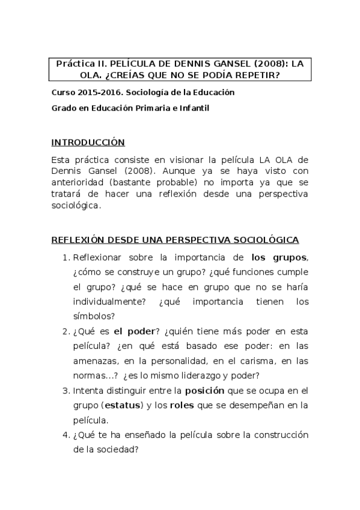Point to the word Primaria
click(159, 108)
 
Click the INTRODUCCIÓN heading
click(88, 143)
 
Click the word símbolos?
click(94, 316)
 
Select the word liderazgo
click(207, 376)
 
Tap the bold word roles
click(182, 405)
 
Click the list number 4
click(66, 434)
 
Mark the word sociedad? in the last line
click(118, 449)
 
